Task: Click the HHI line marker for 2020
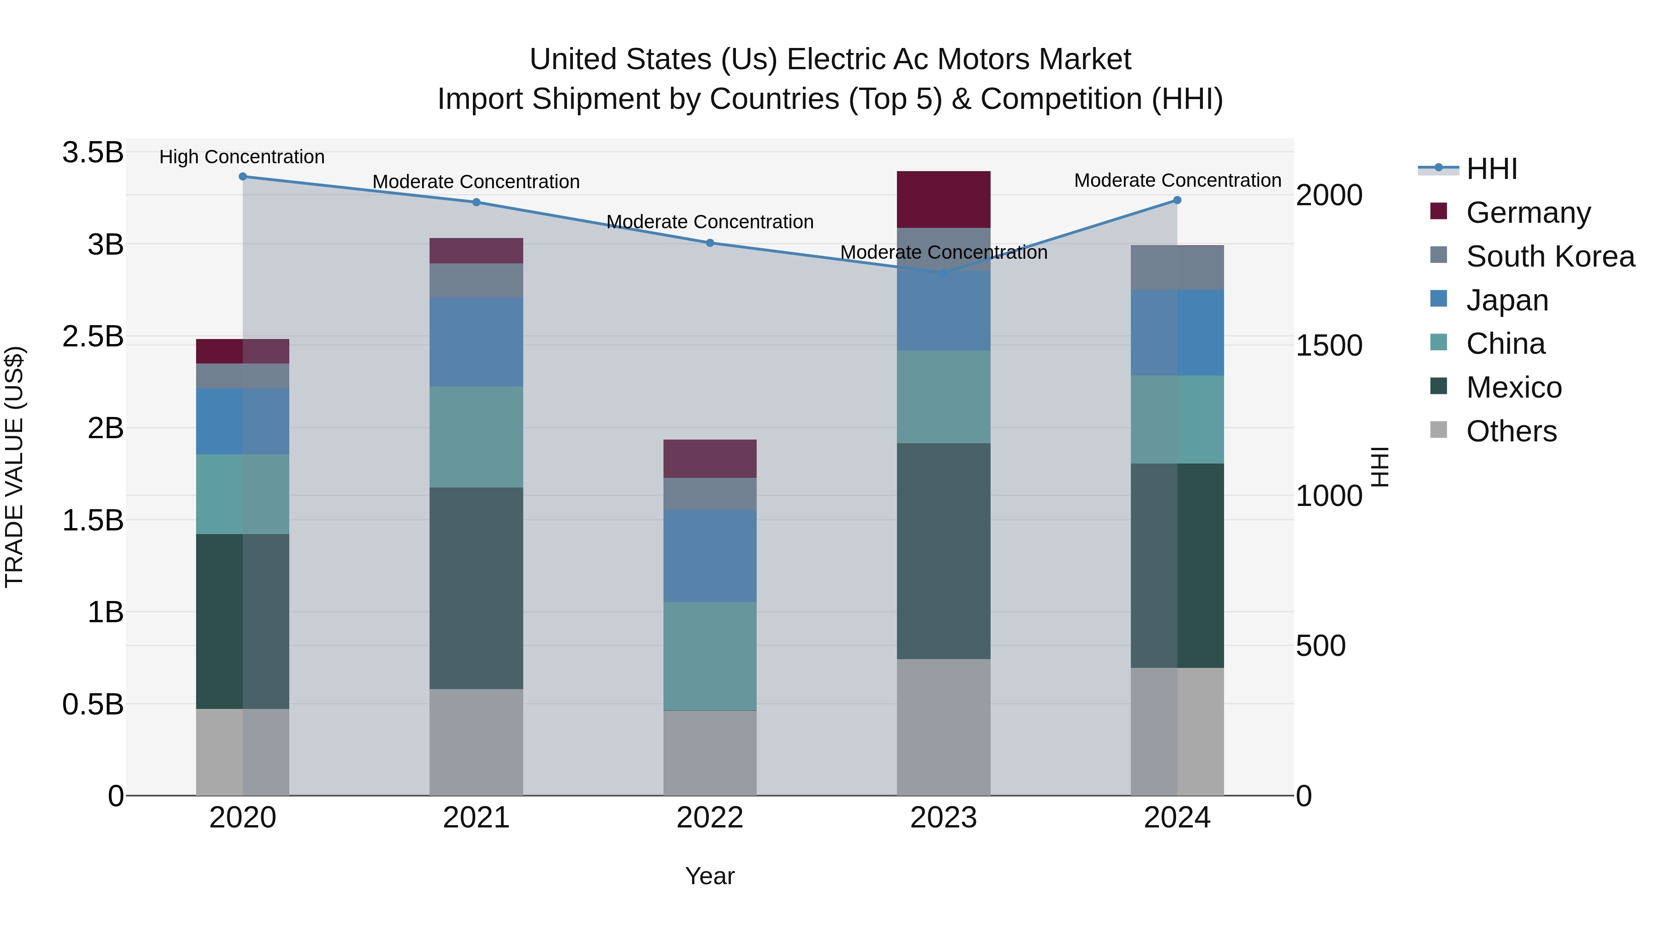(242, 177)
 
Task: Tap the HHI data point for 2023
(944, 273)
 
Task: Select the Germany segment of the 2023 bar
(944, 199)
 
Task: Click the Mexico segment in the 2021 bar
(476, 588)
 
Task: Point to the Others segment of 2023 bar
(944, 727)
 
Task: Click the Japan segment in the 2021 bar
(476, 342)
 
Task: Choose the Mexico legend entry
(1513, 387)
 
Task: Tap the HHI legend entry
(1491, 169)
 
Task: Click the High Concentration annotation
(242, 157)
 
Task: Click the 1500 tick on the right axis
(1329, 345)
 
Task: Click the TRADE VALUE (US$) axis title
(14, 467)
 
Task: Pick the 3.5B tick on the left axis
(93, 153)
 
